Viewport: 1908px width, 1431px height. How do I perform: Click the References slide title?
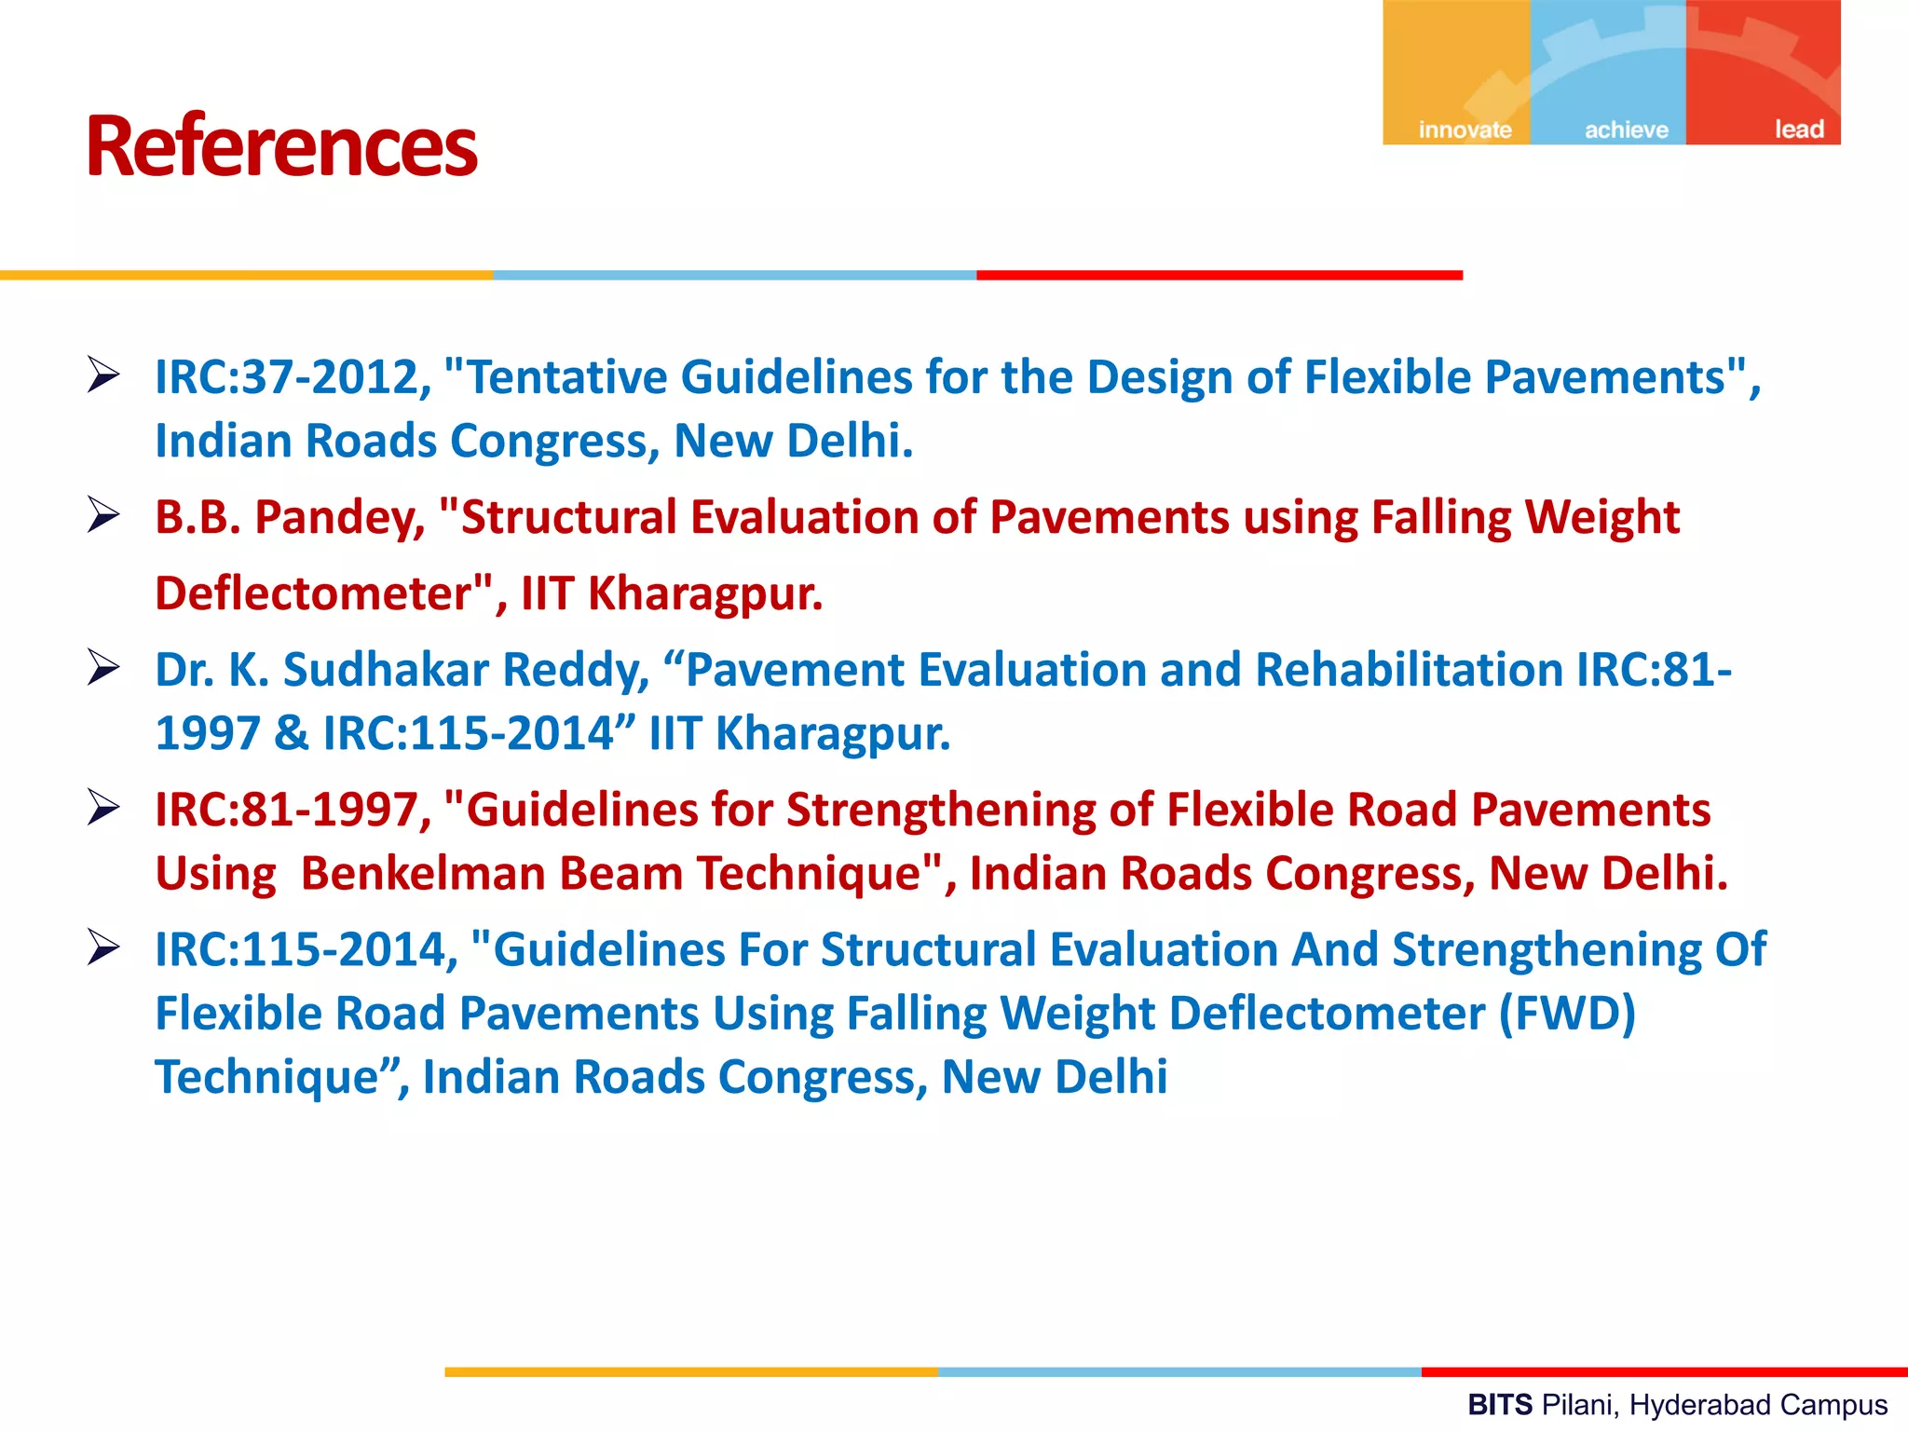281,146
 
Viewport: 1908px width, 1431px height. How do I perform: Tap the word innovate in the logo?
1465,129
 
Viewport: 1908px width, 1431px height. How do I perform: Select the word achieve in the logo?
1626,129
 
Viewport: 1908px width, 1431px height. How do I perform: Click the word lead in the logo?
1798,129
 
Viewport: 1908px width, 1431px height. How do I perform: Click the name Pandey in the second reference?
340,518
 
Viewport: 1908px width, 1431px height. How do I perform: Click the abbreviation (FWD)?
1566,1014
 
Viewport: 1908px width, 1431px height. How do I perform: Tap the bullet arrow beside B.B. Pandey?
103,514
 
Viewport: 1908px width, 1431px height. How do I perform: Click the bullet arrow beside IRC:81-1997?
103,807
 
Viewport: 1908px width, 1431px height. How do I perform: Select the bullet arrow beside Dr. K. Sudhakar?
103,667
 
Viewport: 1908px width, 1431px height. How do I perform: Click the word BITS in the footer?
1499,1405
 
